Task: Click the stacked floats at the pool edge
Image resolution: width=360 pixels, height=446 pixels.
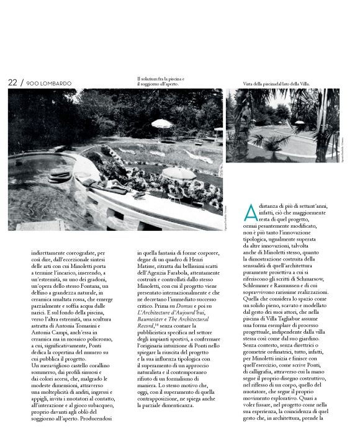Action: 59,177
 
